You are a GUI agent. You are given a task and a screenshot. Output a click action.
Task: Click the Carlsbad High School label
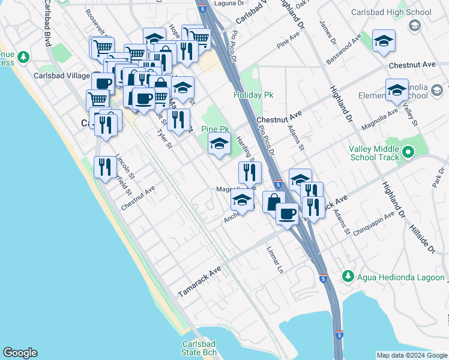pyautogui.click(x=400, y=12)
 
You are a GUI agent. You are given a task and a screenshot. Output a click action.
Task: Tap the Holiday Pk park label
pyautogui.click(x=249, y=95)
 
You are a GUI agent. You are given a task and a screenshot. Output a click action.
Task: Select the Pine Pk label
pyautogui.click(x=215, y=129)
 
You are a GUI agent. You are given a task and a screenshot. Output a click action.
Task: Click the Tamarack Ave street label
pyautogui.click(x=200, y=281)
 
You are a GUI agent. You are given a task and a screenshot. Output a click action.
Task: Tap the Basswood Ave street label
pyautogui.click(x=344, y=49)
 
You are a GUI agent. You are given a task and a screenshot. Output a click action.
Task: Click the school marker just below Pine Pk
pyautogui.click(x=219, y=144)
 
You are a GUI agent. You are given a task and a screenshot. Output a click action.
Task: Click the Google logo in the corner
pyautogui.click(x=20, y=353)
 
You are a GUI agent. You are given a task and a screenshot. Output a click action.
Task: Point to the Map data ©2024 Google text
pyautogui.click(x=411, y=355)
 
